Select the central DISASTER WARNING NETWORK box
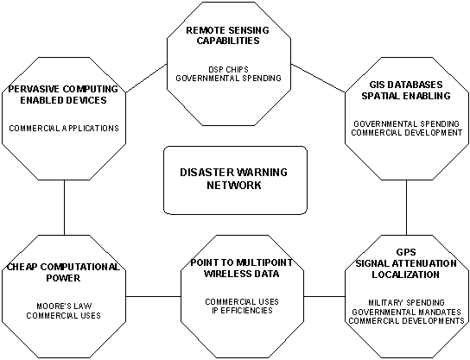[235, 179]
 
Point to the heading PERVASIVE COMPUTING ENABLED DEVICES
[58, 95]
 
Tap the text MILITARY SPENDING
[406, 302]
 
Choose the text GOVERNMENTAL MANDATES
[407, 312]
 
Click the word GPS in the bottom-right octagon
[407, 255]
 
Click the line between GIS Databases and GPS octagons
[407, 207]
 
